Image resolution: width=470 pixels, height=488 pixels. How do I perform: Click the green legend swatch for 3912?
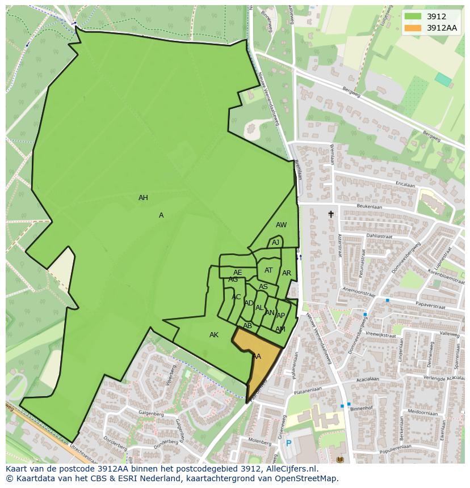pos(413,17)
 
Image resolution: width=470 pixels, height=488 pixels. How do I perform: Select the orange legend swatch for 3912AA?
pos(413,28)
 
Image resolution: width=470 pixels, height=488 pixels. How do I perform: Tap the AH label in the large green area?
pos(143,198)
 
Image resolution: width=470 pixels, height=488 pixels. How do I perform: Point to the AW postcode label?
pos(281,225)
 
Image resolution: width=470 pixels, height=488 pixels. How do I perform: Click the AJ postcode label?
pos(275,243)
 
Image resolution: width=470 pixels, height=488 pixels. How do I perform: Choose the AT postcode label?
pos(268,270)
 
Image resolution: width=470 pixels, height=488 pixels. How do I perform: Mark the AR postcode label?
pos(287,273)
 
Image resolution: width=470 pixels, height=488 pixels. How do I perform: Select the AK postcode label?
pos(214,335)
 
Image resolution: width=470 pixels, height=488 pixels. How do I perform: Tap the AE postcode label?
pos(237,273)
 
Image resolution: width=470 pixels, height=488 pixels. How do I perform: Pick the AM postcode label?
pos(280,329)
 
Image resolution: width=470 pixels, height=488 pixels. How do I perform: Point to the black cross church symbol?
pos(331,214)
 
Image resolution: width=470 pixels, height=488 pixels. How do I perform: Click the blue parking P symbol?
pos(288,443)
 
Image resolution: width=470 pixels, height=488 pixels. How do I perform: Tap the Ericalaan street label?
pos(405,185)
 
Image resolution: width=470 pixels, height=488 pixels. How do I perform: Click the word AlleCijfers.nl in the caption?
pos(292,469)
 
